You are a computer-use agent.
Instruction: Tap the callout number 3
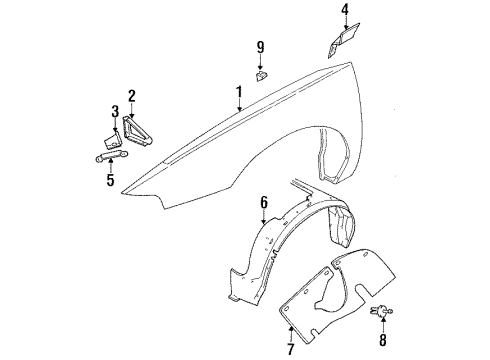(115, 110)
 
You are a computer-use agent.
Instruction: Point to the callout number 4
(345, 12)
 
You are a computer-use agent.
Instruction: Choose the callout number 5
(111, 181)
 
